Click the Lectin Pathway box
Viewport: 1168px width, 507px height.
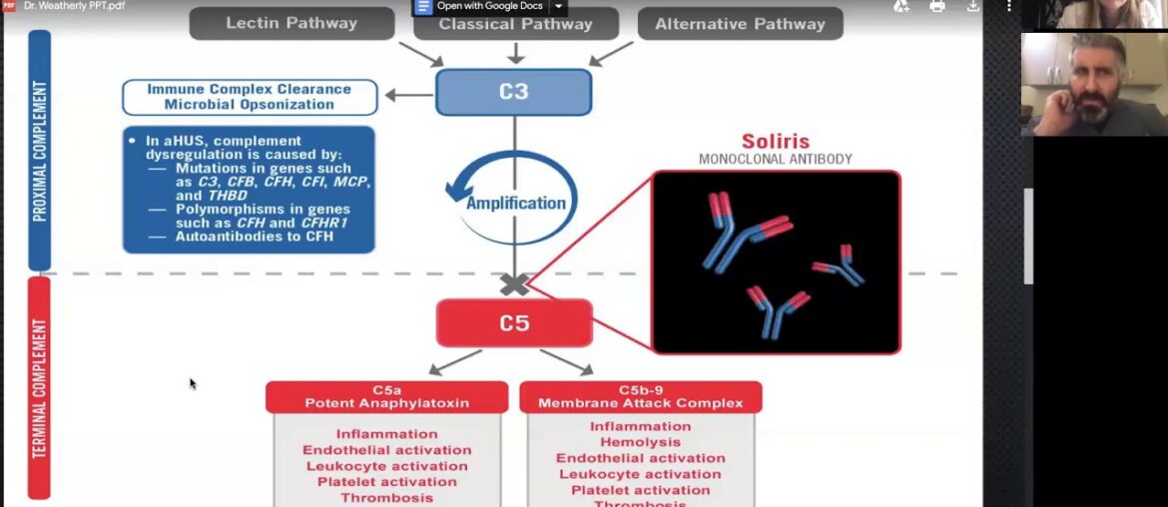point(292,24)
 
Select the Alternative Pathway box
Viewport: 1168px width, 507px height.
point(740,24)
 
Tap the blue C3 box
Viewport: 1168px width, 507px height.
point(513,92)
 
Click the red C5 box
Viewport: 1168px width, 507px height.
point(513,323)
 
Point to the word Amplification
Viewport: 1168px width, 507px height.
point(515,204)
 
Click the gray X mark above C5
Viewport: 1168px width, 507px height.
point(514,284)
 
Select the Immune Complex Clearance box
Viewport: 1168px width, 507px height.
point(250,97)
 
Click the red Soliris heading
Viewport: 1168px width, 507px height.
point(775,142)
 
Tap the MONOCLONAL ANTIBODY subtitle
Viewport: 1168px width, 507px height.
point(775,160)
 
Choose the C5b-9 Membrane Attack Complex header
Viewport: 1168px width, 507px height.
point(640,396)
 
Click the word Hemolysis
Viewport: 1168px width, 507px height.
point(640,442)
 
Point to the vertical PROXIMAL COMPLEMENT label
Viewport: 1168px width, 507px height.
point(40,150)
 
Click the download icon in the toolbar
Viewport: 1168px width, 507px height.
point(973,7)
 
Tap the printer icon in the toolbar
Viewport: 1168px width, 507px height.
point(936,7)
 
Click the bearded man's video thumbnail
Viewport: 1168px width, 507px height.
point(1093,85)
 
